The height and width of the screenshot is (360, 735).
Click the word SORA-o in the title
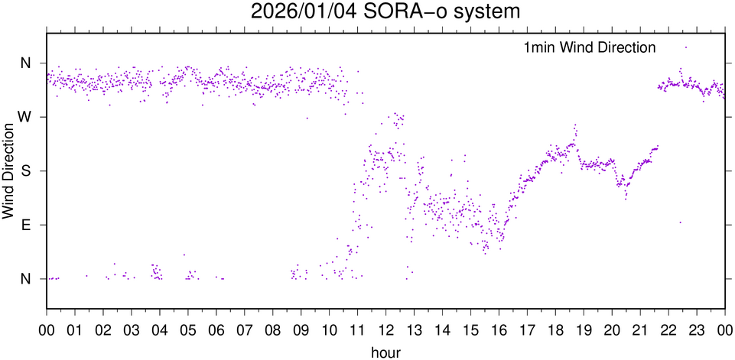click(403, 12)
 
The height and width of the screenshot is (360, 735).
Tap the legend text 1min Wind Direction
click(589, 47)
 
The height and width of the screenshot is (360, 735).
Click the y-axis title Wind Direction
click(8, 170)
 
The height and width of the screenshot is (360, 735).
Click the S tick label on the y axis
click(26, 170)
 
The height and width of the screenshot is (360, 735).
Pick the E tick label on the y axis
click(26, 225)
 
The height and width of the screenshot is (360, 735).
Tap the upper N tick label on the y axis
click(26, 63)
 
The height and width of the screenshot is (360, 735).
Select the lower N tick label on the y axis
click(26, 279)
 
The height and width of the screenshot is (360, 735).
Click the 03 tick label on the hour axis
click(132, 332)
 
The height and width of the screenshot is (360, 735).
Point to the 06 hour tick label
click(216, 332)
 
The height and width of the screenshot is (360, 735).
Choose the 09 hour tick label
click(301, 332)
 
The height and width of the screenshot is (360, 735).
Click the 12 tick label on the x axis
click(385, 332)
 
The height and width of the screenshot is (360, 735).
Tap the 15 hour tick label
click(470, 332)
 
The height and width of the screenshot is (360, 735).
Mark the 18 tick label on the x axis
click(555, 332)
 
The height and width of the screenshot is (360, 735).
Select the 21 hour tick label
click(640, 332)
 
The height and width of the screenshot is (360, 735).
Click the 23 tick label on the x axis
click(697, 332)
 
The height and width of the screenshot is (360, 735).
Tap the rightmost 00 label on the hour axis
click(724, 332)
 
